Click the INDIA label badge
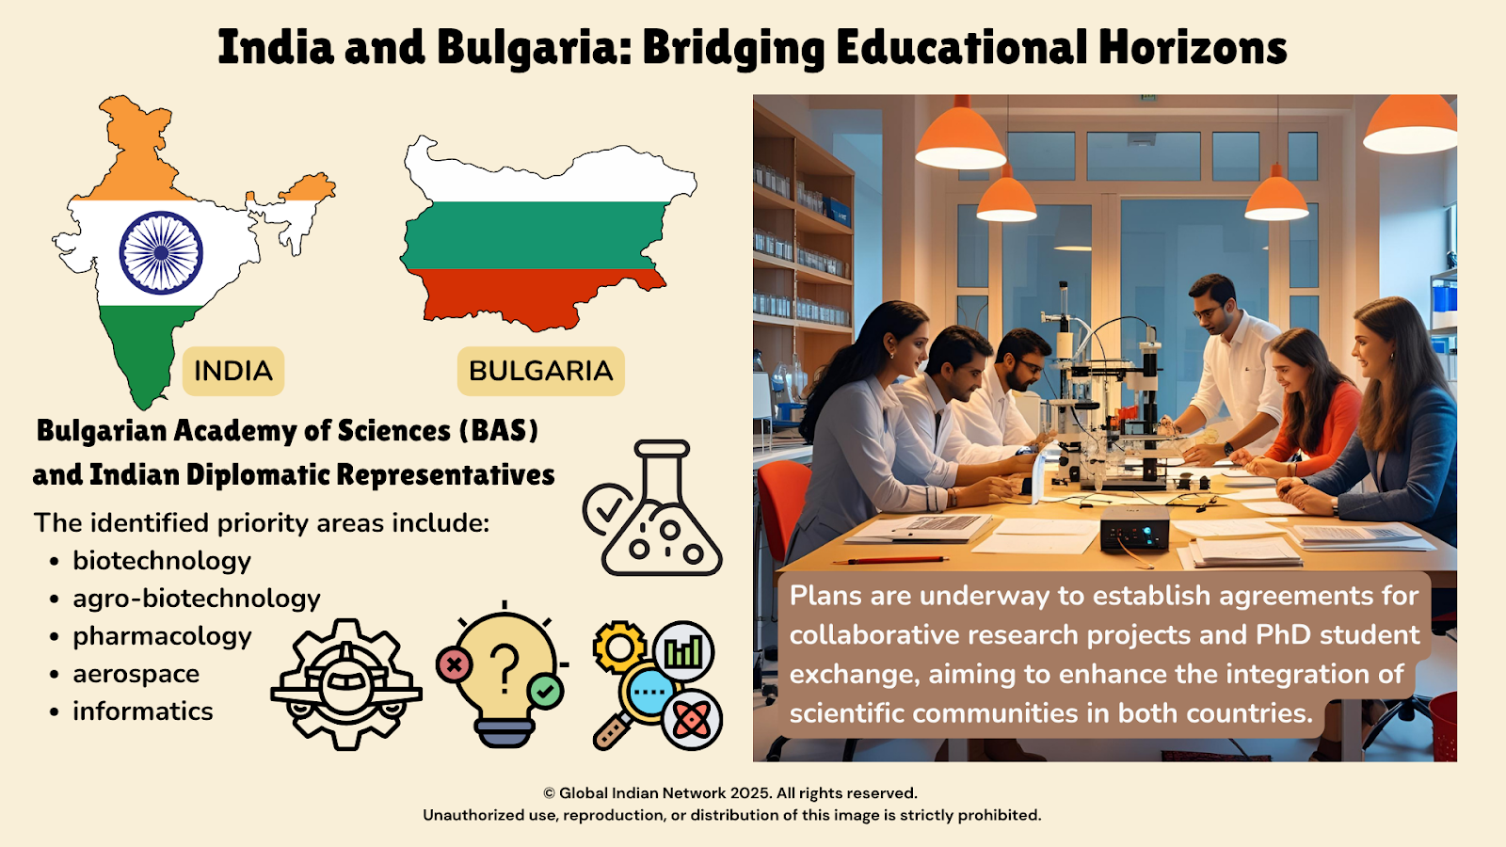click(x=233, y=371)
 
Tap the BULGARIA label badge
click(x=540, y=371)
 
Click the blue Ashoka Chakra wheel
click(x=161, y=253)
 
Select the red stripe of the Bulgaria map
click(x=537, y=296)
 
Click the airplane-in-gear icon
click(x=346, y=684)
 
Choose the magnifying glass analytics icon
click(x=658, y=685)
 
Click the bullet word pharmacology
click(x=162, y=636)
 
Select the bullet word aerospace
click(x=136, y=674)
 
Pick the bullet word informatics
click(x=142, y=711)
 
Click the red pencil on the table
click(x=890, y=560)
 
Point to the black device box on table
click(x=1134, y=528)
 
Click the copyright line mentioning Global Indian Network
click(x=730, y=793)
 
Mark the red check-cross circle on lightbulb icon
click(x=455, y=665)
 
